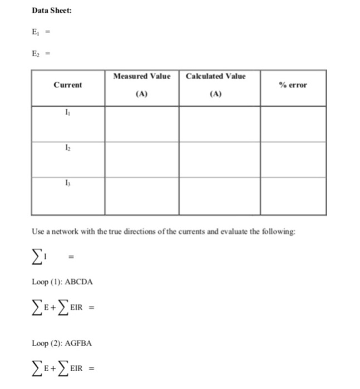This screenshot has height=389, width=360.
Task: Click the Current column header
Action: (x=67, y=85)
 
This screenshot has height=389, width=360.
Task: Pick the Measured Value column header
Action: (x=141, y=76)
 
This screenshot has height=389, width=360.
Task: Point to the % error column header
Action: (x=293, y=85)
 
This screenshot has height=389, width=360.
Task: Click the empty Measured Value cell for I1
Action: (x=141, y=123)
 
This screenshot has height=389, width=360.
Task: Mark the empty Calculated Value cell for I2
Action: (x=219, y=159)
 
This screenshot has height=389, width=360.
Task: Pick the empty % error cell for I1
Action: (x=293, y=123)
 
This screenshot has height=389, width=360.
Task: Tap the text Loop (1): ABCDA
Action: (x=62, y=282)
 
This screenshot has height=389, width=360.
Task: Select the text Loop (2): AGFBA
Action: (x=62, y=343)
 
